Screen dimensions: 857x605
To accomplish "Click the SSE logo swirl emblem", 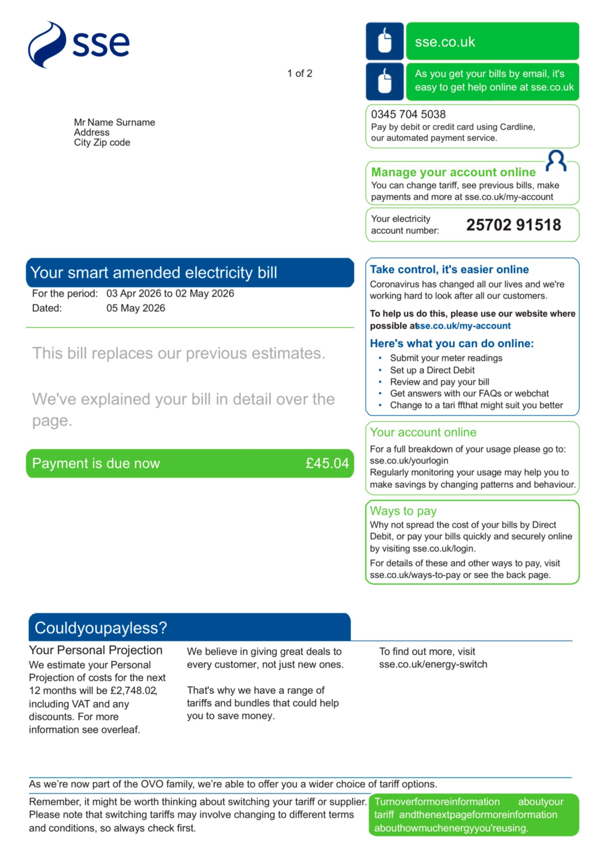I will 47,45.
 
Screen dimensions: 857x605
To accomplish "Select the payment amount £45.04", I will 327,463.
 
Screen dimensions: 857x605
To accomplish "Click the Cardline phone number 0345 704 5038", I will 408,114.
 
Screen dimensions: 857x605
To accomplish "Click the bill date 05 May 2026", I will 136,308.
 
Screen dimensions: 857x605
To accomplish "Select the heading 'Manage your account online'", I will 453,172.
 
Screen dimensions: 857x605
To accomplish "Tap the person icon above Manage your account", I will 556,160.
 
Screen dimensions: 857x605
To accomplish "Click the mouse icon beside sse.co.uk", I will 384,41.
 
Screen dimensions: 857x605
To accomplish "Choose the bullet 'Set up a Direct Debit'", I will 432,370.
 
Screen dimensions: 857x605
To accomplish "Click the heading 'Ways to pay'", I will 403,511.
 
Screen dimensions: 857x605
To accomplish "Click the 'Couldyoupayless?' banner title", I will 100,628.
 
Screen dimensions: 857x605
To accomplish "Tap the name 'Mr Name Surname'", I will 114,122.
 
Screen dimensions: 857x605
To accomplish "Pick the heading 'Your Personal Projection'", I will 95,650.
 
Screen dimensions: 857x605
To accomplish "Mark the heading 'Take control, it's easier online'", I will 449,270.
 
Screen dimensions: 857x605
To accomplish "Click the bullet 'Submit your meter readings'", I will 446,358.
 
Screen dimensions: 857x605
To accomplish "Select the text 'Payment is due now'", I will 96,463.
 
